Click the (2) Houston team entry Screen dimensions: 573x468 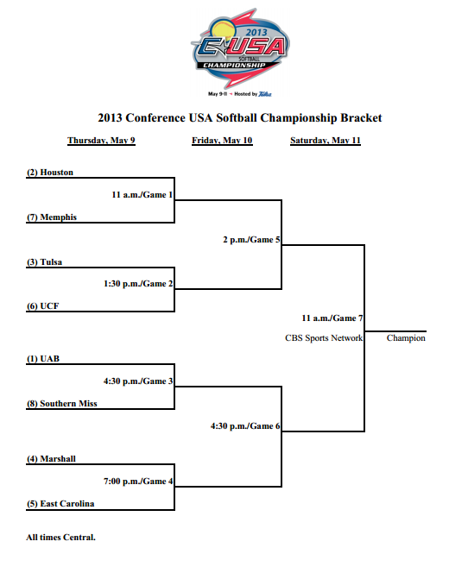[50, 173]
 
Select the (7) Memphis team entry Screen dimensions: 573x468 [52, 217]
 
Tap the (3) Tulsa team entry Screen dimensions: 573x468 [45, 262]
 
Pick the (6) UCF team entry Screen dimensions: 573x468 [42, 306]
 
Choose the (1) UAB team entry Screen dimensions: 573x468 [42, 358]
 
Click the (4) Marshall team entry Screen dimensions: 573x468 [51, 459]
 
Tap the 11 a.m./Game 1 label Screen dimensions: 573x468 [142, 194]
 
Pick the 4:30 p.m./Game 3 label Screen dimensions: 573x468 [138, 380]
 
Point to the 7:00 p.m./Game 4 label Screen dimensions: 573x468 [138, 481]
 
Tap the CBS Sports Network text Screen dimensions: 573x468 [324, 338]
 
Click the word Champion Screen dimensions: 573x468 [406, 338]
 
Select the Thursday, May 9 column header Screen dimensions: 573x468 [101, 140]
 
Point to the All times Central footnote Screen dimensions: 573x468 [60, 538]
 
